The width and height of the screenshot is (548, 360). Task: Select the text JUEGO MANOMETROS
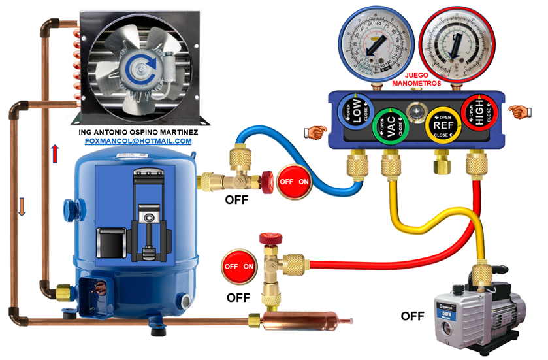coord(415,79)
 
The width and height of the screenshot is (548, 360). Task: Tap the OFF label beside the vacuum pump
coord(413,316)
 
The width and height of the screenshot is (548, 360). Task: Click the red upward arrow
coord(55,154)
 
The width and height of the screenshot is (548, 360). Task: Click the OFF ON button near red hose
coord(239,267)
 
